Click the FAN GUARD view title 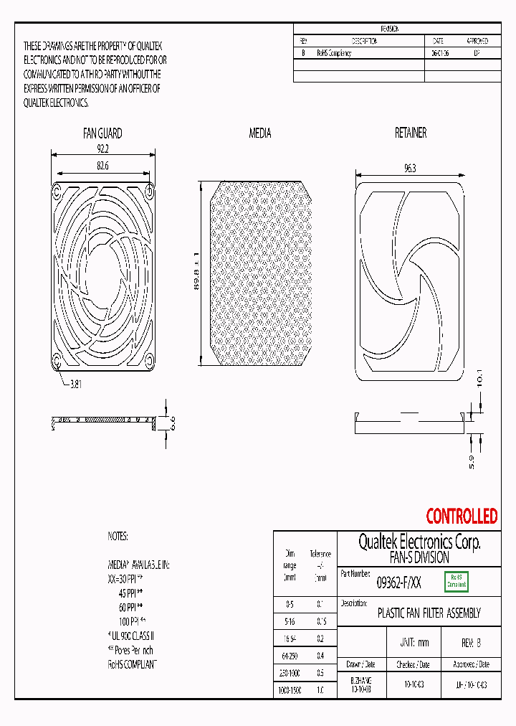pos(103,133)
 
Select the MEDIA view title pos(259,133)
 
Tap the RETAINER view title pos(411,133)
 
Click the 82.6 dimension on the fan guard pos(103,166)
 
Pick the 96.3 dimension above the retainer pos(411,168)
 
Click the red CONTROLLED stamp pos(462,516)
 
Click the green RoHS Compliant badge pos(457,581)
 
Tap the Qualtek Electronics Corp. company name pos(419,542)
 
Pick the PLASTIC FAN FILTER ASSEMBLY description pos(429,613)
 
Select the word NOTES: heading pos(118,536)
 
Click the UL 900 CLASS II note pos(132,636)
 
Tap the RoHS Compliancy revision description pos(334,54)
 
